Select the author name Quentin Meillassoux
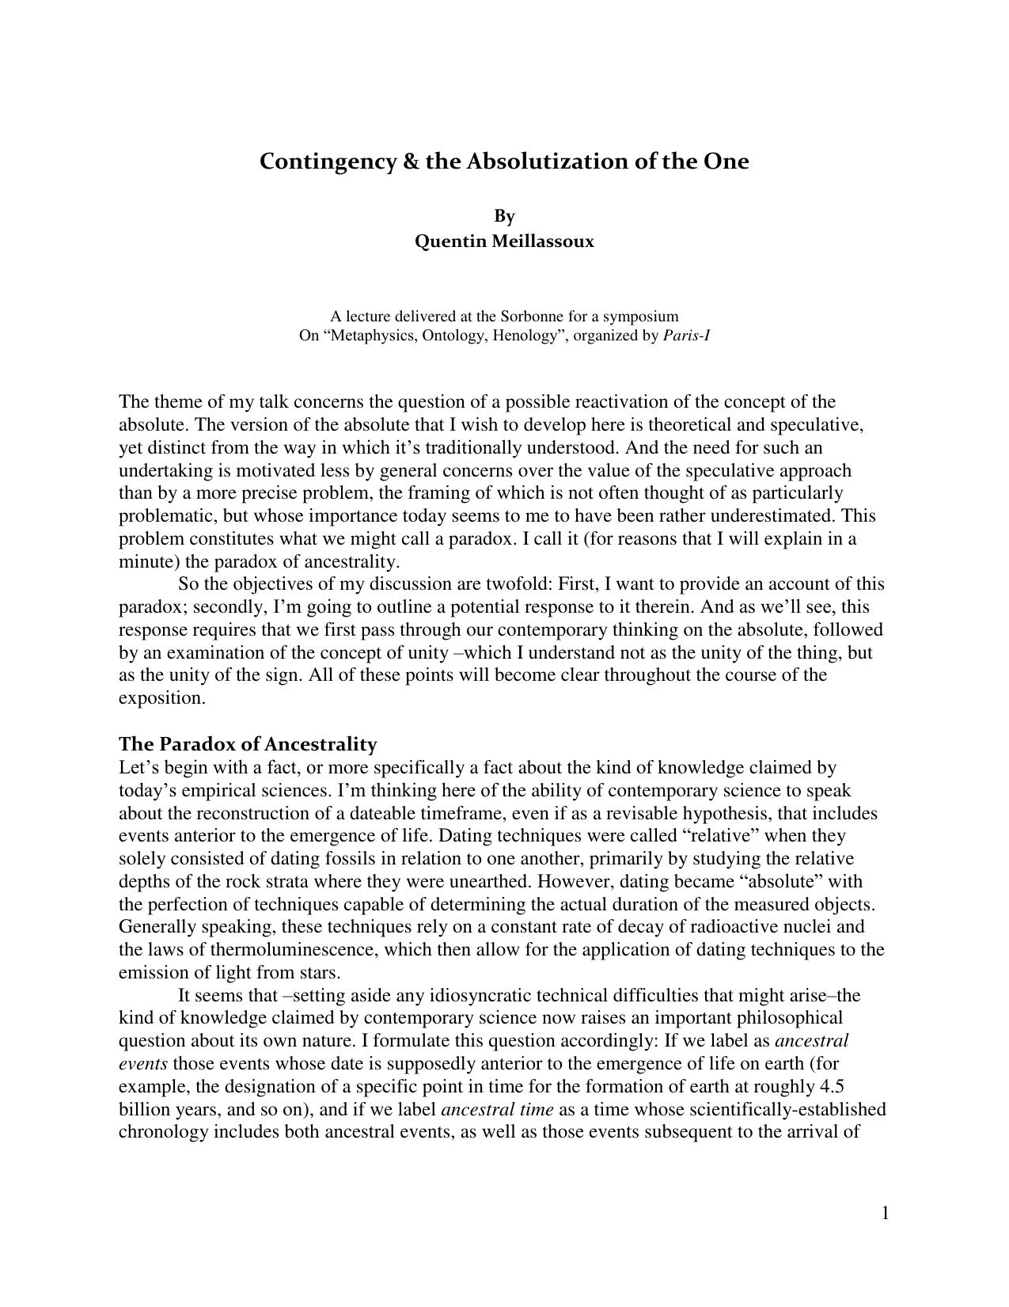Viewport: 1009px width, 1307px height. pos(504,241)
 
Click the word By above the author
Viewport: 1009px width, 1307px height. pos(504,216)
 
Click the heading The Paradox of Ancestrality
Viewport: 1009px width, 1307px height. pos(248,744)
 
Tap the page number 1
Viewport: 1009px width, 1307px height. pos(885,1214)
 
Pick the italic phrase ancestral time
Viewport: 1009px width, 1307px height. pos(497,1109)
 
